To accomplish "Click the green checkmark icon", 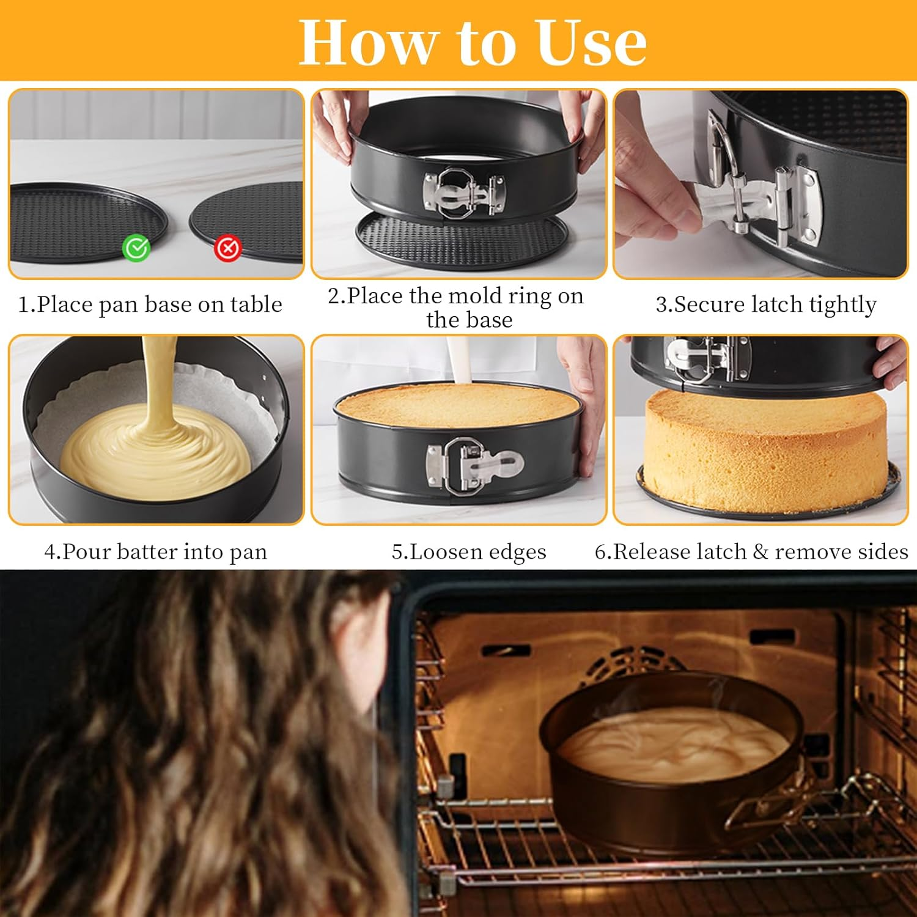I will [136, 248].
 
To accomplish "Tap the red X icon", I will [228, 248].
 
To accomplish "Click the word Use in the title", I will [591, 42].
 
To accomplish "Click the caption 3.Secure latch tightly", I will [765, 304].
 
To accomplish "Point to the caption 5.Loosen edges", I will [468, 551].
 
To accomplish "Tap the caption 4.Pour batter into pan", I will [155, 551].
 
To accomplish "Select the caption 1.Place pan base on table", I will [150, 304].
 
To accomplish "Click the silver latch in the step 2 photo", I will [463, 192].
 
